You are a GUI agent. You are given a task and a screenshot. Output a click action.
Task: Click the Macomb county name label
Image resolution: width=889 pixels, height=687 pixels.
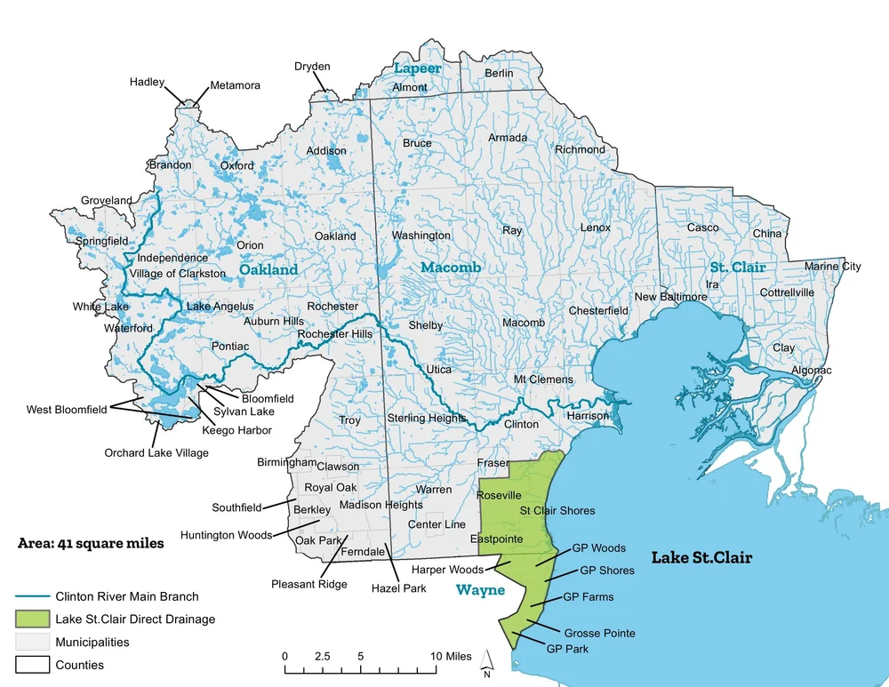point(451,268)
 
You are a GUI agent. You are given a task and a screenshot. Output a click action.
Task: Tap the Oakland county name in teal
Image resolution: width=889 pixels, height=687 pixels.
point(268,269)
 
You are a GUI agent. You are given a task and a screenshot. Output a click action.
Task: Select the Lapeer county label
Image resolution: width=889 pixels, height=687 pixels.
point(417,68)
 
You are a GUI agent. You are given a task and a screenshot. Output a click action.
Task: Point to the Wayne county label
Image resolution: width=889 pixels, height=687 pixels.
point(480,590)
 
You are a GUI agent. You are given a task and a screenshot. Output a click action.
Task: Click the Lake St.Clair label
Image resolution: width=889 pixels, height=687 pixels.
point(701,558)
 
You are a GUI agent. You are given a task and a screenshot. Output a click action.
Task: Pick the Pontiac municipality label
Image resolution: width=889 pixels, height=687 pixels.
point(230,346)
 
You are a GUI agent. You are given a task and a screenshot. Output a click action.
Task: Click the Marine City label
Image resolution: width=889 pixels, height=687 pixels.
point(832,267)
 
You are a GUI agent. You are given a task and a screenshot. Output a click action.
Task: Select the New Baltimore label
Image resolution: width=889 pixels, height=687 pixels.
point(670,297)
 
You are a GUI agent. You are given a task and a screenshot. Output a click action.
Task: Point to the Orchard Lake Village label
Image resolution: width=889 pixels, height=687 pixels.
point(156,452)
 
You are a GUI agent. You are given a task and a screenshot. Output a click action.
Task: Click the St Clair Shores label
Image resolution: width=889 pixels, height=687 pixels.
point(557,511)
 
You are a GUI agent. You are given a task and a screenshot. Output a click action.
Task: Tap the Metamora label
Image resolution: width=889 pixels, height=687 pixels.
point(235,86)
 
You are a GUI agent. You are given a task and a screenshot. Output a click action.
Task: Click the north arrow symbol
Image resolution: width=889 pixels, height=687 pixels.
point(487,659)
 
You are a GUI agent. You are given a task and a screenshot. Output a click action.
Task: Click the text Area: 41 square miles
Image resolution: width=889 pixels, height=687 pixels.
point(91,543)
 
